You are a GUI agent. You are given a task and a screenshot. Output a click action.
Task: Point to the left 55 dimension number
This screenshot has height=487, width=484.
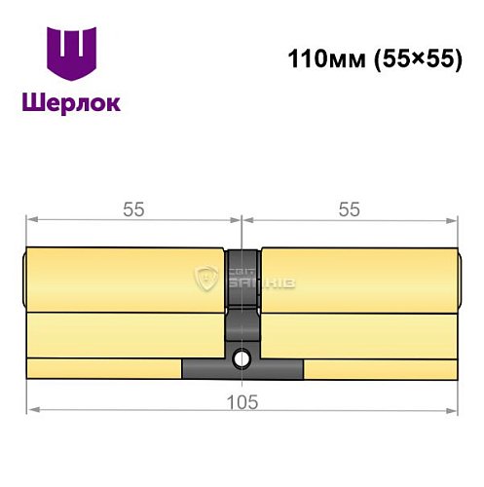(x=133, y=208)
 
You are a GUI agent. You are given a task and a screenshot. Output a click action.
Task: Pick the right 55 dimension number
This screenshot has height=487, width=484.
(x=348, y=208)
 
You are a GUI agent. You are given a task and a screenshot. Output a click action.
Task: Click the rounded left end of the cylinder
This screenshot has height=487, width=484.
(x=24, y=279)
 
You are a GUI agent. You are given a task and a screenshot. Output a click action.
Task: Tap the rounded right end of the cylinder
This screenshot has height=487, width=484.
(x=458, y=279)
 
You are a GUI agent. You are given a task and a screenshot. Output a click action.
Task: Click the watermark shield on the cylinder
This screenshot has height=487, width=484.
(x=206, y=280)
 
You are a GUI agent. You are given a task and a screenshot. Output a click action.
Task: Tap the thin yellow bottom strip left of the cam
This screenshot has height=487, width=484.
(x=103, y=369)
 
